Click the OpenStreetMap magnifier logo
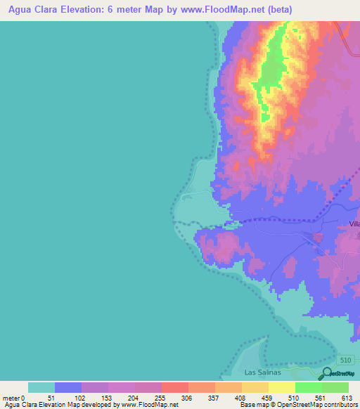[x=327, y=374]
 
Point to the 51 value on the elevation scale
[x=54, y=397]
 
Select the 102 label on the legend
[x=81, y=397]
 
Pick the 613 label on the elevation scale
[x=347, y=397]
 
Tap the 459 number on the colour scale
[x=269, y=397]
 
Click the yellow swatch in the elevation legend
[x=281, y=387]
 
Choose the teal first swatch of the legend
[x=41, y=387]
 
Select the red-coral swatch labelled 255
[x=174, y=387]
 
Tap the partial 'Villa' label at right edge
[x=354, y=223]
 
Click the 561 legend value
[x=322, y=397]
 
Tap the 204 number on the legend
[x=134, y=397]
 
